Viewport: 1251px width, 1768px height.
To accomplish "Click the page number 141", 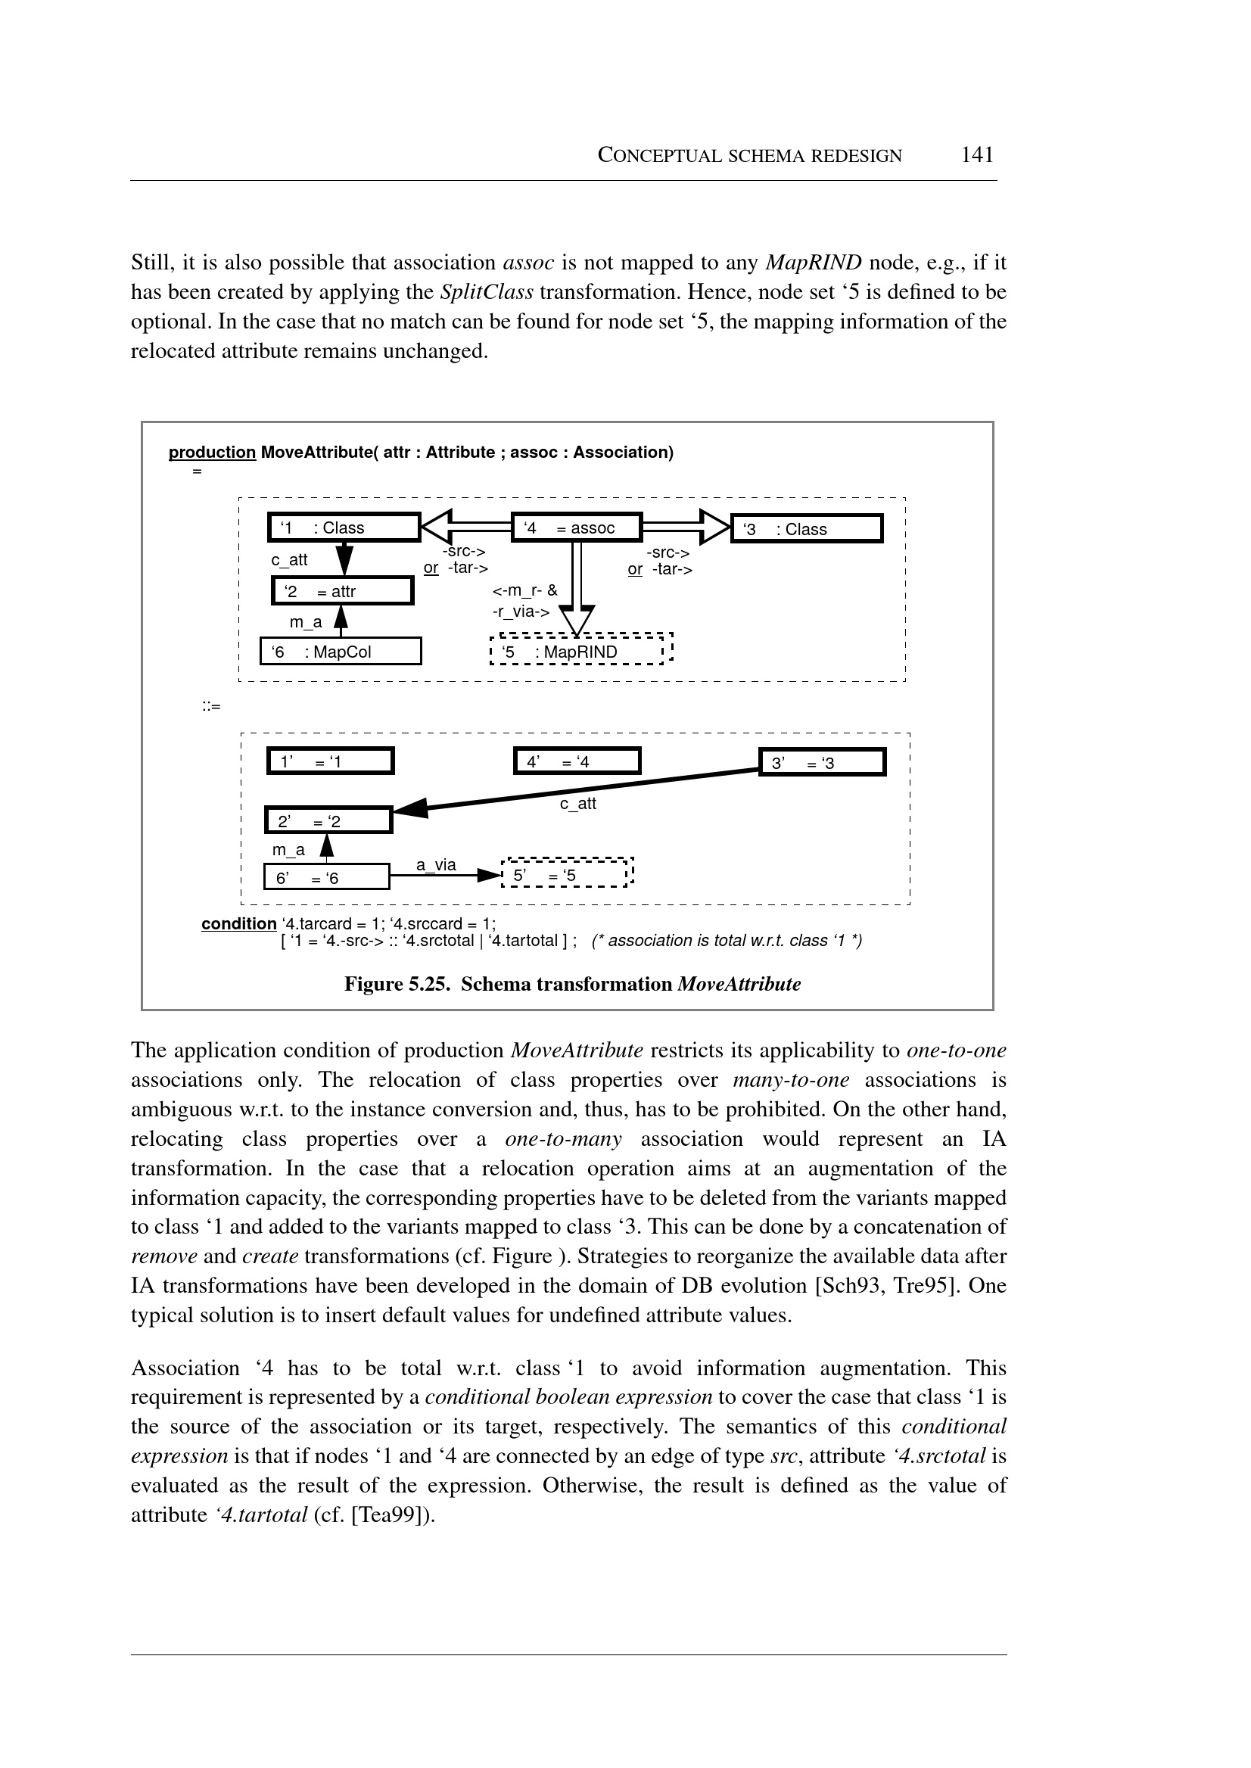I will pyautogui.click(x=977, y=155).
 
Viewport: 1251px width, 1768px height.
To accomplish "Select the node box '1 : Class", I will pyautogui.click(x=344, y=528).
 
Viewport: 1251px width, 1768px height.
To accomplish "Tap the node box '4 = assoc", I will pyautogui.click(x=576, y=528).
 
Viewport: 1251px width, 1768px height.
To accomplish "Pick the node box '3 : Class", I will pyautogui.click(x=806, y=529).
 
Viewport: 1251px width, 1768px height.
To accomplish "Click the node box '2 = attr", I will pyautogui.click(x=343, y=592).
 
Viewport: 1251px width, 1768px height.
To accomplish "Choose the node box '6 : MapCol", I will pyautogui.click(x=341, y=652).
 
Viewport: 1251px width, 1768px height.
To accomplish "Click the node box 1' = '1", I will pyautogui.click(x=331, y=762).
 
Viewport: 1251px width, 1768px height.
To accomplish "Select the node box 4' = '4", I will pyautogui.click(x=577, y=762).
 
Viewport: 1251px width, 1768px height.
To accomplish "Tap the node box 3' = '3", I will pyautogui.click(x=822, y=764).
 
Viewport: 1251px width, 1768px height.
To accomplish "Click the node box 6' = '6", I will pyautogui.click(x=327, y=878).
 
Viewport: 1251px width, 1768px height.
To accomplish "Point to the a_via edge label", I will pyautogui.click(x=436, y=865).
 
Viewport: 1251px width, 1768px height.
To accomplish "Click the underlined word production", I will pyautogui.click(x=212, y=452).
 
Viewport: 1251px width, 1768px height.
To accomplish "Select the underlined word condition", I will pyautogui.click(x=239, y=923).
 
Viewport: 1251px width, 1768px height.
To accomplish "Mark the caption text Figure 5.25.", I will pyautogui.click(x=396, y=985).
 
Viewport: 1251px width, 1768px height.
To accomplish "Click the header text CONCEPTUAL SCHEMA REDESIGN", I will pyautogui.click(x=749, y=156).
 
